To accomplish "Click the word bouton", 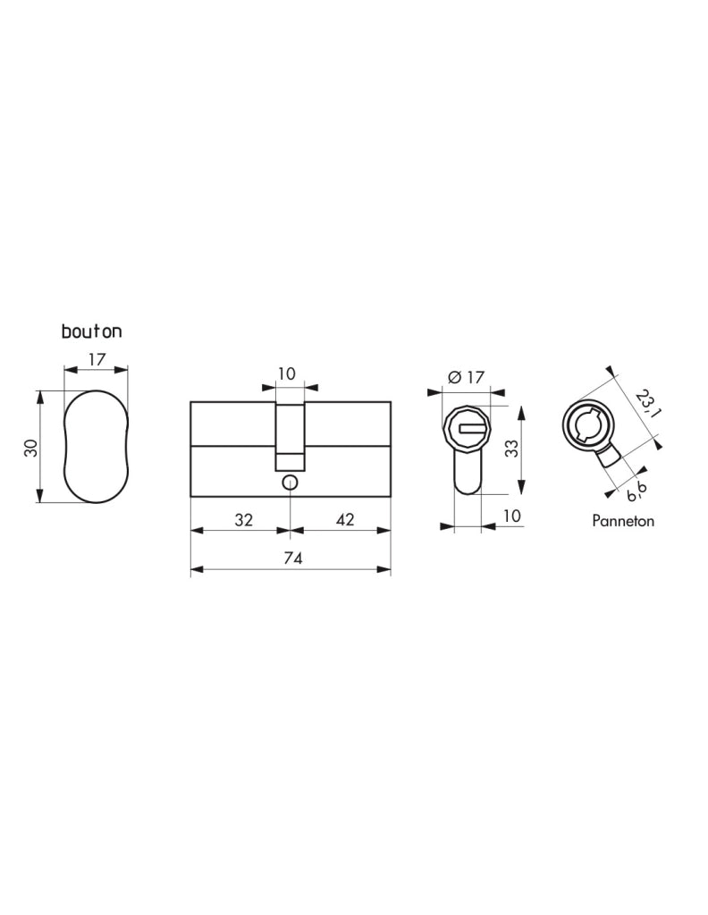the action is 92,332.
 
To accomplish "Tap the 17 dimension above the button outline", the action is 97,359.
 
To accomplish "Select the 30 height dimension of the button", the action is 31,448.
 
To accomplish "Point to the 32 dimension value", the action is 243,519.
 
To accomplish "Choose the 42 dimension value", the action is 345,519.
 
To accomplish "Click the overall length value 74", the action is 293,558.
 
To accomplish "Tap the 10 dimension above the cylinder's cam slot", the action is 287,374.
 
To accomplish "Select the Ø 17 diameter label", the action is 466,378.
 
